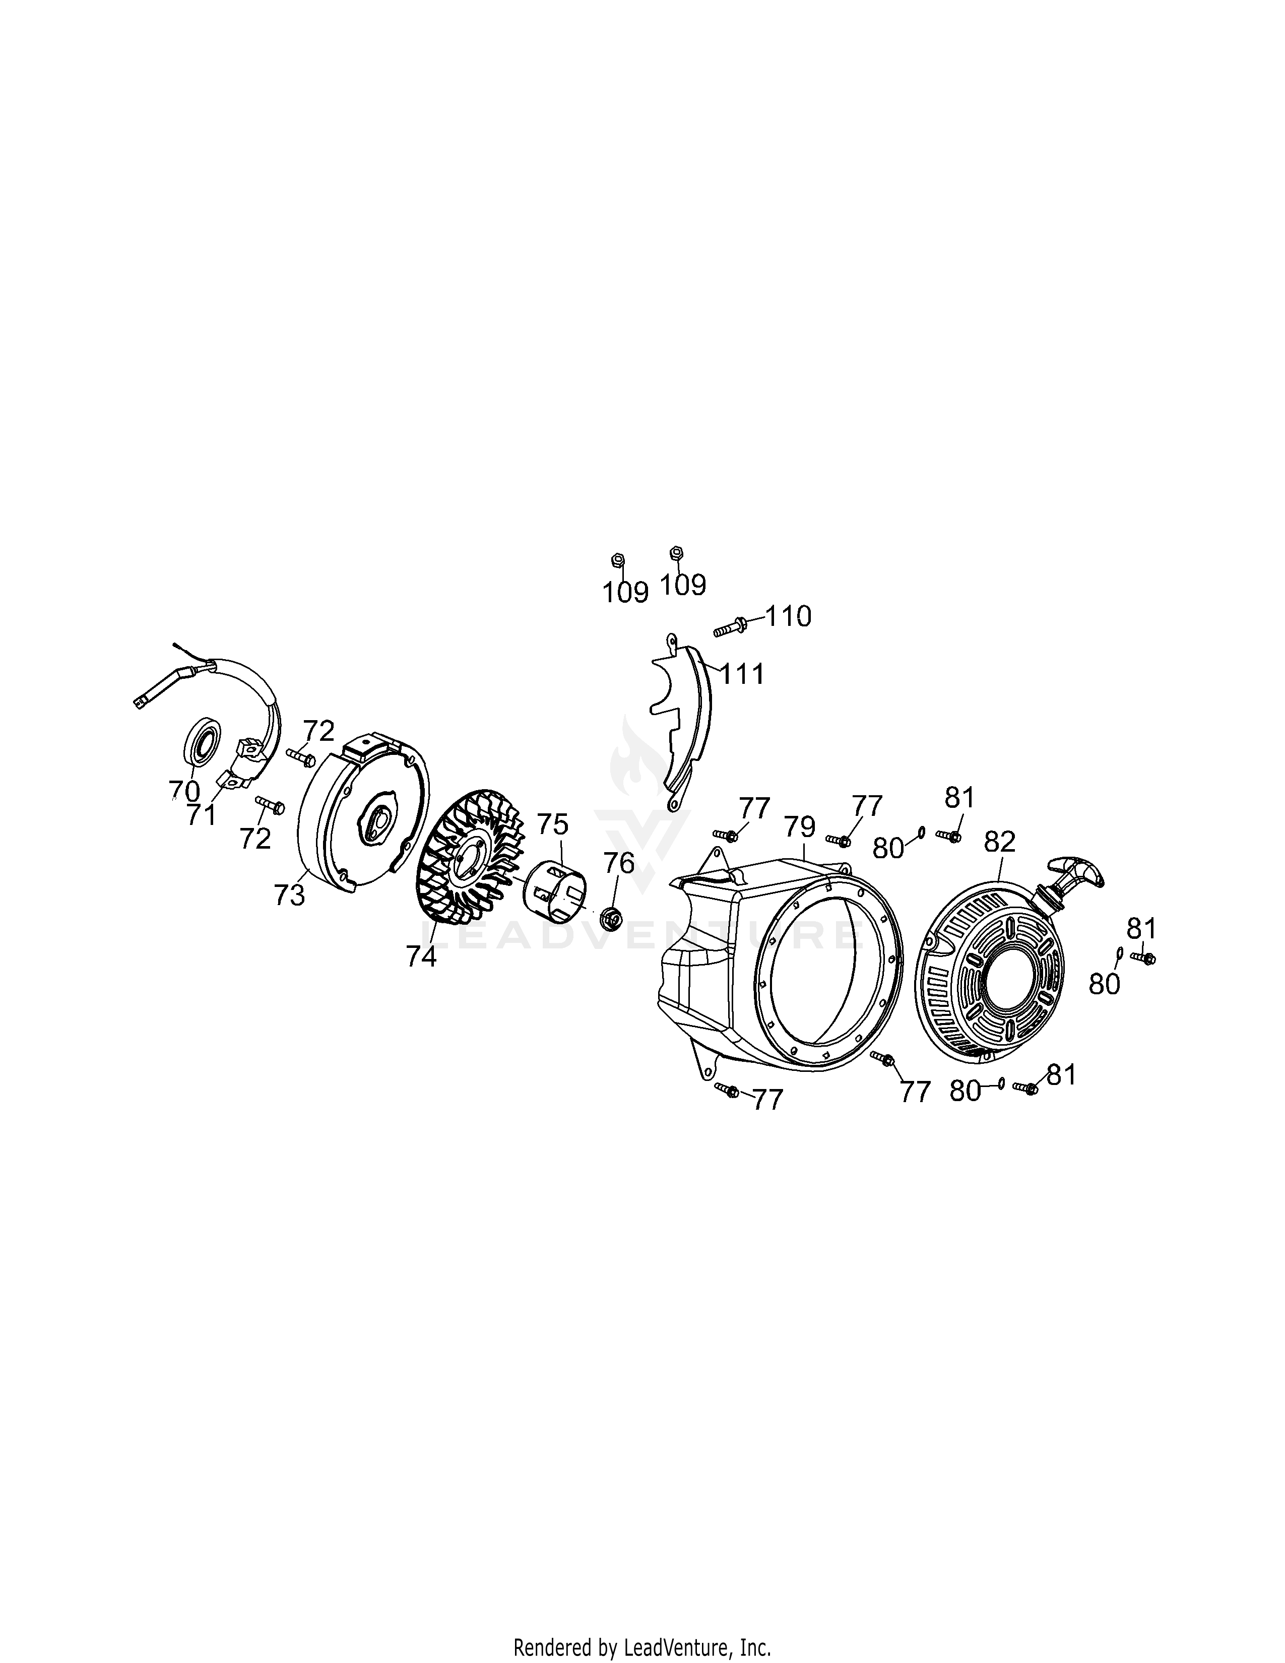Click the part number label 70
pos(183,791)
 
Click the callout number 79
pos(799,826)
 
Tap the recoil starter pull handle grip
pos(1076,870)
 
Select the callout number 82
pos(1000,842)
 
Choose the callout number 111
pos(742,674)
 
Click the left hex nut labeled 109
pos(618,560)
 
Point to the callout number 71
pos(201,815)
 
